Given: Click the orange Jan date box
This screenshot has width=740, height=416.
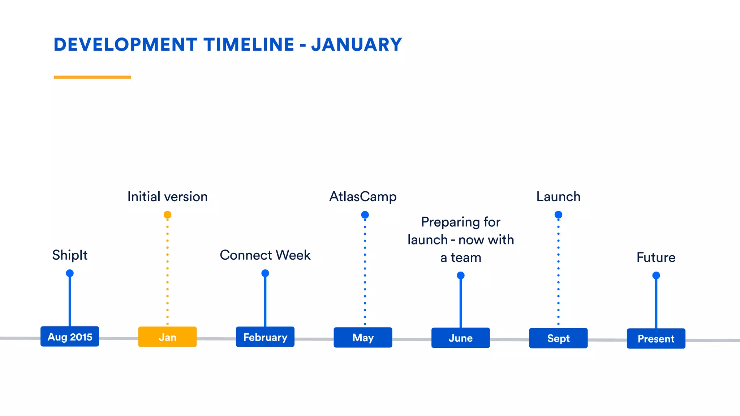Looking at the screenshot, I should tap(167, 337).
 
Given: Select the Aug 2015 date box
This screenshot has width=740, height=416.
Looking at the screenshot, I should tap(70, 337).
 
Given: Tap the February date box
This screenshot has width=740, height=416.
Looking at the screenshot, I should tap(265, 337).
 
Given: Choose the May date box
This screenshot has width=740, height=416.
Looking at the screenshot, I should tap(363, 338).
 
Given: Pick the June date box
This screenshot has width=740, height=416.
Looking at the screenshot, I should tap(461, 338).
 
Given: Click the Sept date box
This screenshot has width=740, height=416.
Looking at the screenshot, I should tap(558, 338).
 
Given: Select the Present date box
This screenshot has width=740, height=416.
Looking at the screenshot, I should tap(656, 339).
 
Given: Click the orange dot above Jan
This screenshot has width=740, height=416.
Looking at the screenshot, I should tap(167, 215).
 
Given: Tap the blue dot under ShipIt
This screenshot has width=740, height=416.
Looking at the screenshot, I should tap(70, 273).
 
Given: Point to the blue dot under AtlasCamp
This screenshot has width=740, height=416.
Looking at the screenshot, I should tap(365, 215).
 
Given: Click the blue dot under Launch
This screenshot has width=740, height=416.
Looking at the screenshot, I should tap(558, 215).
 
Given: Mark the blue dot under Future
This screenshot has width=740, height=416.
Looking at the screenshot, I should tap(656, 276).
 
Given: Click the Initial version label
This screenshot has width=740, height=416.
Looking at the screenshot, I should tap(167, 197).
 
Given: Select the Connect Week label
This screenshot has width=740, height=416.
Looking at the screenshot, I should tap(265, 255).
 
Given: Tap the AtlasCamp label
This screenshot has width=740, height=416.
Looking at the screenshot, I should tap(363, 197).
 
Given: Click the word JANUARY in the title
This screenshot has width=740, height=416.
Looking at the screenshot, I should tap(356, 45).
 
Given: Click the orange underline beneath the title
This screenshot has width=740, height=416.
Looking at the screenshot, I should tap(92, 77).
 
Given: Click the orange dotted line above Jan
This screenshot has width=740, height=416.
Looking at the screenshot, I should tap(167, 271).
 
